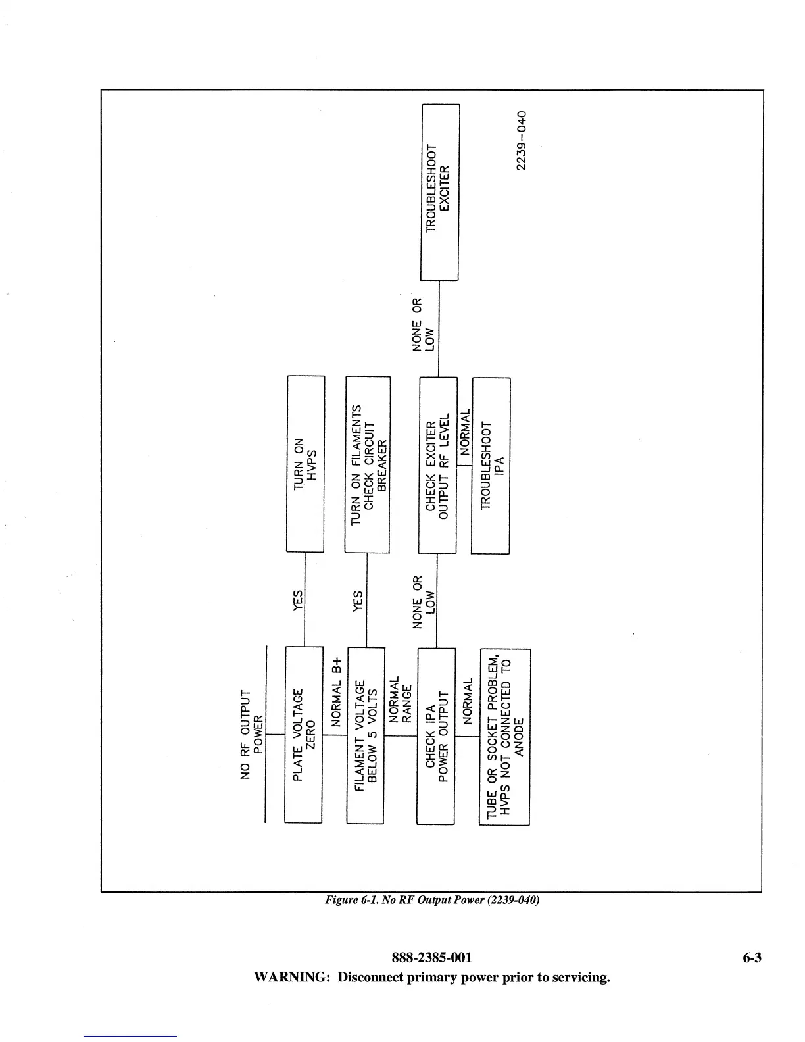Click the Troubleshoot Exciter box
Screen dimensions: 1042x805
(439, 192)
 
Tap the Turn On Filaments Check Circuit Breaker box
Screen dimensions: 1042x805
(368, 464)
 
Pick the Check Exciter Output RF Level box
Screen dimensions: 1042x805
(437, 465)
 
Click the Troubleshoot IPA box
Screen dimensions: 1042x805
(491, 466)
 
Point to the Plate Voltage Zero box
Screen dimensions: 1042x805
(304, 735)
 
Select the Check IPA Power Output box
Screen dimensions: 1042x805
(436, 736)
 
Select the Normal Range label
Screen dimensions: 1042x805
(401, 699)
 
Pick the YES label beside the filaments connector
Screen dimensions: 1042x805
(358, 600)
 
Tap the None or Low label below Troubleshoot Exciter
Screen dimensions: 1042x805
(423, 326)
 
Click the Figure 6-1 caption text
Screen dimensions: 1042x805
(432, 900)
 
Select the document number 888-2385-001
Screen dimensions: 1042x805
(432, 958)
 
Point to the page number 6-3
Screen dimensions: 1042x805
(752, 958)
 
